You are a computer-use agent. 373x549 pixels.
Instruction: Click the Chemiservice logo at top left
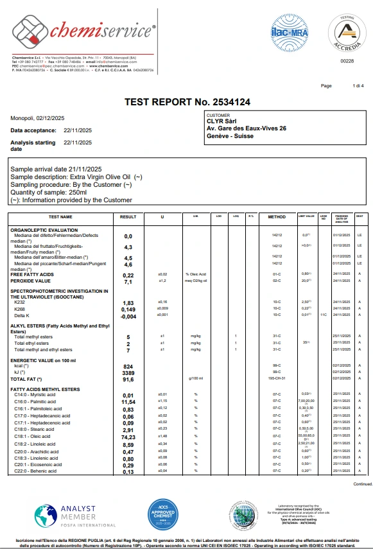click(83, 32)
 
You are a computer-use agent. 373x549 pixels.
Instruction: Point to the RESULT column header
click(128, 217)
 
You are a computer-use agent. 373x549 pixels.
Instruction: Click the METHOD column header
click(277, 217)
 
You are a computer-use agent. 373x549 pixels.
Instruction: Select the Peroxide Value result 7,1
click(128, 281)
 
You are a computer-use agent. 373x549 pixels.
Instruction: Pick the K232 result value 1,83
click(128, 302)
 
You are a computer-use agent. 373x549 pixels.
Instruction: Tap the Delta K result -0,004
click(128, 316)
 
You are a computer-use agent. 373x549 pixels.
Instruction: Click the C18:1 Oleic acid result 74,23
click(128, 435)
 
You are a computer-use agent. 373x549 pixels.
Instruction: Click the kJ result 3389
click(128, 372)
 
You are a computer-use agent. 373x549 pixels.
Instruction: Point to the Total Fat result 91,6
click(128, 379)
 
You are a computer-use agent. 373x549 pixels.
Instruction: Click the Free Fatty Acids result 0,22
click(128, 275)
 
